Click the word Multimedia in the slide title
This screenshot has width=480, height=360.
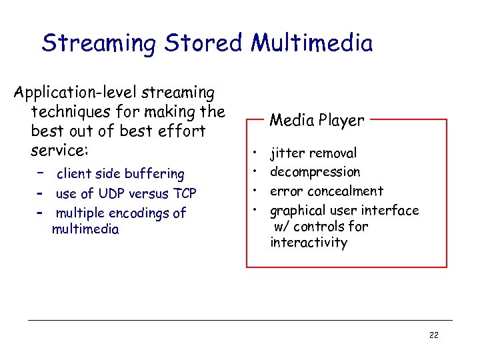click(311, 44)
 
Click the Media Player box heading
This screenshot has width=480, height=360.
click(317, 121)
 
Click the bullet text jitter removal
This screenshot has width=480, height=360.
click(313, 153)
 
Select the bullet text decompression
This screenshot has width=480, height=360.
click(315, 172)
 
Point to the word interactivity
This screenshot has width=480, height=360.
click(308, 243)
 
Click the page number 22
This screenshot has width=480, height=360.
click(433, 335)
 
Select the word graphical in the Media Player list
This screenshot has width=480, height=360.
click(297, 211)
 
